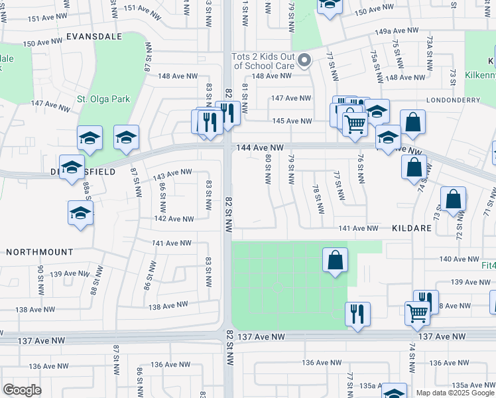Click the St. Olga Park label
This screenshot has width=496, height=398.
103,99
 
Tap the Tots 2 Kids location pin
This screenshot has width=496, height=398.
304,62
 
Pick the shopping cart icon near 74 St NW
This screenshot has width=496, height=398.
417,312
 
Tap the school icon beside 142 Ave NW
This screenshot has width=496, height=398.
80,214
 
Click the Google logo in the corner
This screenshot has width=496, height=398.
22,390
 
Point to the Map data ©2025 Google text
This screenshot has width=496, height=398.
455,393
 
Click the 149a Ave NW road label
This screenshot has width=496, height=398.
397,31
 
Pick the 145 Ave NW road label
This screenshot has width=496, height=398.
292,121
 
